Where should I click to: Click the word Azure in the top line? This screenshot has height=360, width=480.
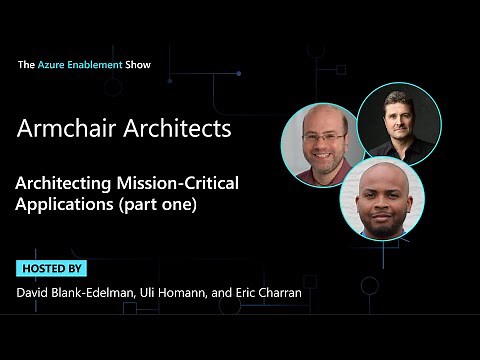(53, 64)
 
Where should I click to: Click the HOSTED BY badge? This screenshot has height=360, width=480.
(51, 269)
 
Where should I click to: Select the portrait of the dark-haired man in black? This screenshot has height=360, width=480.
(398, 123)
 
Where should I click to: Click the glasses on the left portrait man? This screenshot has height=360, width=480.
(321, 136)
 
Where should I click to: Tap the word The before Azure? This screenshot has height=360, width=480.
(26, 64)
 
